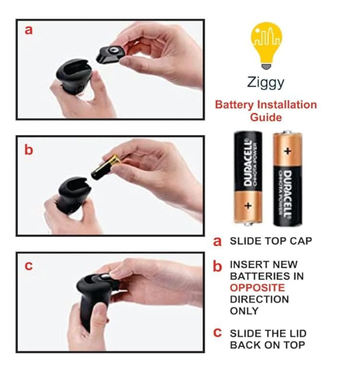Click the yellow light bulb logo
(x=266, y=45)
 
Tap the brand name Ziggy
(x=266, y=83)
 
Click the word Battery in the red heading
(x=234, y=105)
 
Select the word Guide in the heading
(x=266, y=117)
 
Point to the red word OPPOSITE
(x=258, y=288)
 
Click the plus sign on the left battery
(x=248, y=205)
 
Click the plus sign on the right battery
(x=287, y=151)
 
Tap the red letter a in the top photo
(x=29, y=31)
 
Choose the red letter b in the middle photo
(x=29, y=150)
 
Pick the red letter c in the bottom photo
(x=29, y=266)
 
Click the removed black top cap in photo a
(x=110, y=55)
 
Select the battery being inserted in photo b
(x=105, y=167)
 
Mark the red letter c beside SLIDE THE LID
(x=218, y=332)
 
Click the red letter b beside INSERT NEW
(x=218, y=266)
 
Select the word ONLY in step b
(x=244, y=310)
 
